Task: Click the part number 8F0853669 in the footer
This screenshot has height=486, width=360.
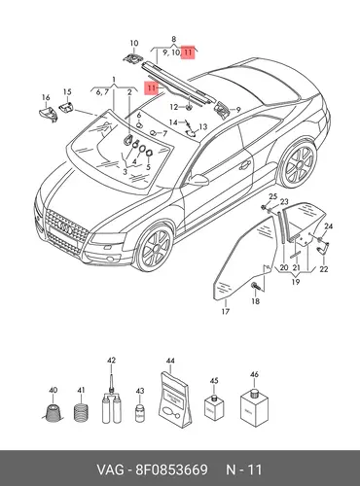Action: pos(171,469)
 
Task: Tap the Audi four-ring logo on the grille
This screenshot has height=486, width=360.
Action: pos(65,227)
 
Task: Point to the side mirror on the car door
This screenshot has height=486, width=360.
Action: pos(198,180)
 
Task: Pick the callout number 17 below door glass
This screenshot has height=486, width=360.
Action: pos(226,311)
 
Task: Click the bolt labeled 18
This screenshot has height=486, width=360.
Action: pos(255,286)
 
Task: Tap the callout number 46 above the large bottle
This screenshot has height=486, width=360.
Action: pos(254,374)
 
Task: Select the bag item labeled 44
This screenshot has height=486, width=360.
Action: pos(175,399)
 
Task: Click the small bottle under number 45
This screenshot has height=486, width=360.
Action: pos(214,407)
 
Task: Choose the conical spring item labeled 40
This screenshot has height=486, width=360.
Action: pos(53,413)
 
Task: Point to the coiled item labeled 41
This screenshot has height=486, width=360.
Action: pos(81,412)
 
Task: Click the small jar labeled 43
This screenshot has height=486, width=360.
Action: pos(140,413)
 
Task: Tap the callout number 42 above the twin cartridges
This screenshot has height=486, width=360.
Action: pos(111,361)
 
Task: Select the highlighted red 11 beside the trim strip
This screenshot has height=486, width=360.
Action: pos(152,87)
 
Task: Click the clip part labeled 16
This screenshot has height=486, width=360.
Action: pos(48,114)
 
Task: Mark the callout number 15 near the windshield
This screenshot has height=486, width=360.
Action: pos(67,92)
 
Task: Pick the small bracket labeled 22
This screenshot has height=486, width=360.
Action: pos(323,249)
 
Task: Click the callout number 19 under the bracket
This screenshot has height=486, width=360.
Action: pos(296,282)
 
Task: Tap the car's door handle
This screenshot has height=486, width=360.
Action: pos(245,165)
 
